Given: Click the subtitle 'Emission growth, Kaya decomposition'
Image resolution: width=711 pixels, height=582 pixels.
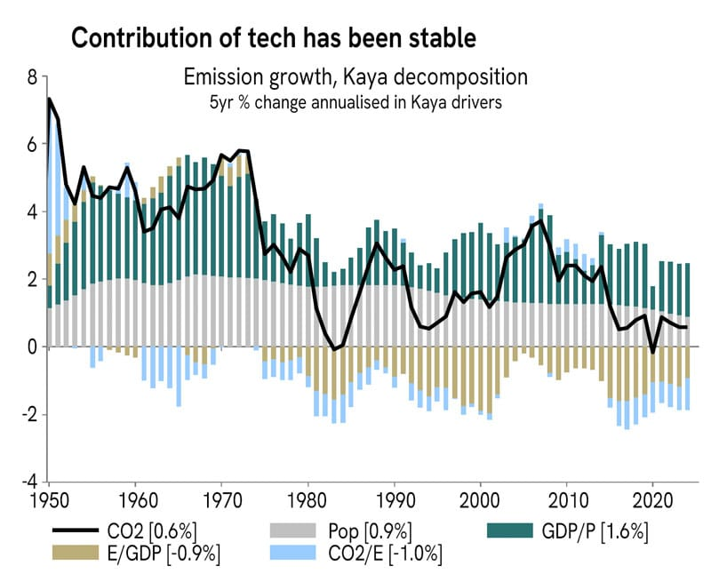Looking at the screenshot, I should coord(355,77).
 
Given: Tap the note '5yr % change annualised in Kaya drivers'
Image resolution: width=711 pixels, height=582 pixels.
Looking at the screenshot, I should coord(355,101).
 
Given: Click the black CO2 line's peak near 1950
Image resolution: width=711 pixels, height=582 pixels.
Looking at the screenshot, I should coord(50,99).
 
